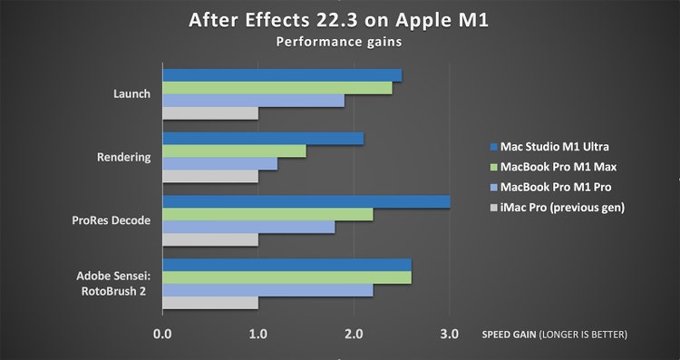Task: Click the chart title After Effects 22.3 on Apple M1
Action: tap(339, 21)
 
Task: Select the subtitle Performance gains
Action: tap(339, 42)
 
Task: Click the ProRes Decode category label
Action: tap(112, 220)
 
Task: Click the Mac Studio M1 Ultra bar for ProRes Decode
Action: tap(306, 201)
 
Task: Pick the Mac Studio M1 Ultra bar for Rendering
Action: tap(263, 138)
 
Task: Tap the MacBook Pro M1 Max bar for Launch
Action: tap(277, 87)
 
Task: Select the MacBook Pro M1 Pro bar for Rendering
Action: tap(219, 163)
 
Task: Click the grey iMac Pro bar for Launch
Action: tap(210, 112)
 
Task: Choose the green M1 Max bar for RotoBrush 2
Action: tap(287, 277)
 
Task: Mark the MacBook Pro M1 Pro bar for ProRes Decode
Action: tap(248, 227)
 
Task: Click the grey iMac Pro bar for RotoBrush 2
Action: tap(210, 303)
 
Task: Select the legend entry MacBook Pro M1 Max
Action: tap(553, 167)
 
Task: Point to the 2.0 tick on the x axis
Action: tap(354, 335)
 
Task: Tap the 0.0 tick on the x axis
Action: tap(162, 335)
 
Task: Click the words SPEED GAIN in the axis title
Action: tap(509, 335)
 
